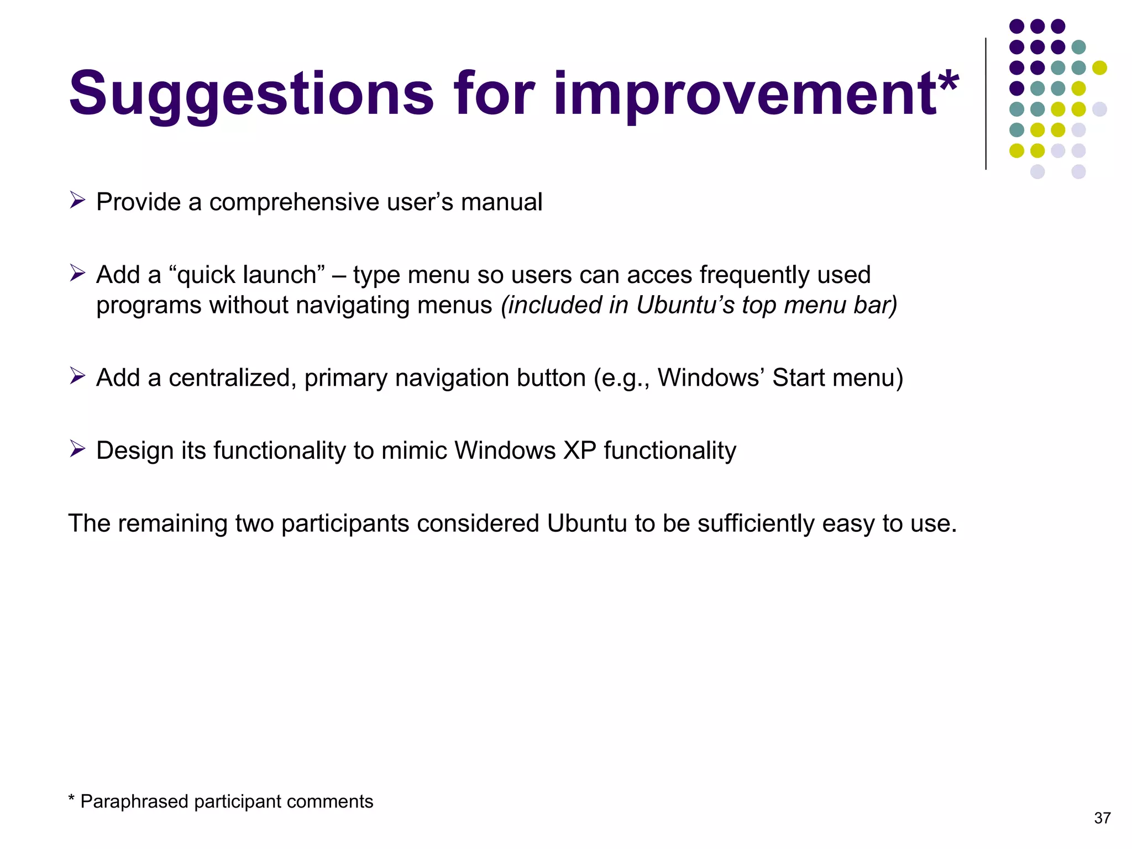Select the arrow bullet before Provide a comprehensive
[77, 200]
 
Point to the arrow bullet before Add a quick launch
[77, 273]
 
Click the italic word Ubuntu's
[685, 305]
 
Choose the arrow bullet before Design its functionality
[77, 449]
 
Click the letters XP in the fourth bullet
[580, 450]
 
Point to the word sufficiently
[756, 523]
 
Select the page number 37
[1102, 818]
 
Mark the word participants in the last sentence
[345, 523]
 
